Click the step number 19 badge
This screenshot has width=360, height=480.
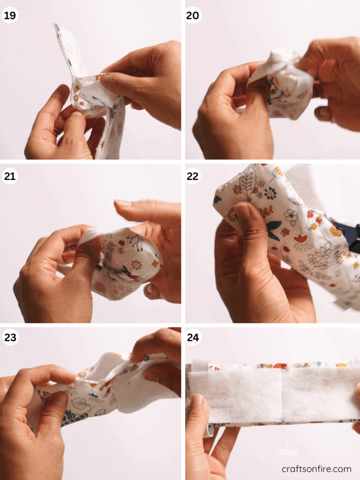[9, 15]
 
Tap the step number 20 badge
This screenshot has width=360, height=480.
[193, 15]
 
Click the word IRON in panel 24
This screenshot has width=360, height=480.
[287, 452]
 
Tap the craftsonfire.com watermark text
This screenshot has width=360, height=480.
[316, 469]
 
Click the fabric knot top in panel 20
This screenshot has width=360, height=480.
[281, 59]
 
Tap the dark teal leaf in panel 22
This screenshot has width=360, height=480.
[274, 231]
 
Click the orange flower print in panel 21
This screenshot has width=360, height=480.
[136, 265]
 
